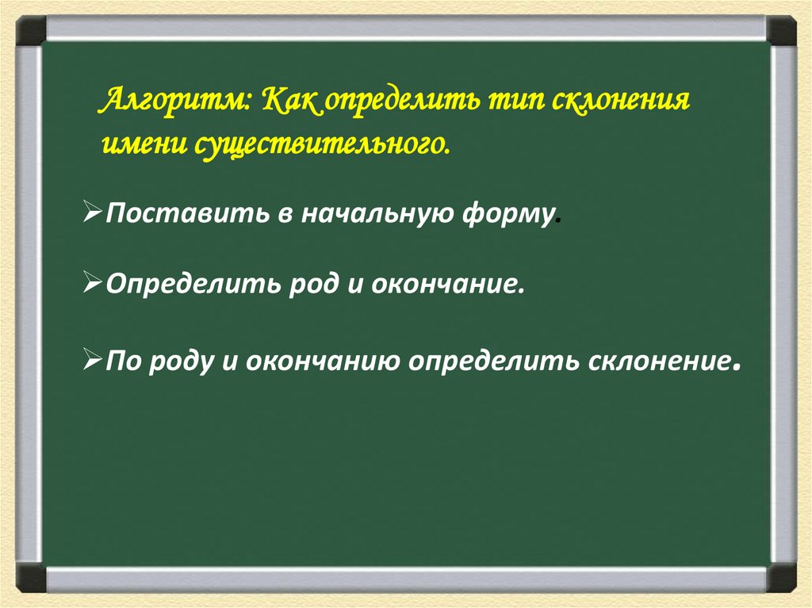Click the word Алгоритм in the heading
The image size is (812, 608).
174,99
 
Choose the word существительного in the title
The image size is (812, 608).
322,146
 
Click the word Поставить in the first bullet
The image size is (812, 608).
187,212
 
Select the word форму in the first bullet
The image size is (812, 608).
507,214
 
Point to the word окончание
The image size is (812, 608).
444,283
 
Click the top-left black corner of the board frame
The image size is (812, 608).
31,31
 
